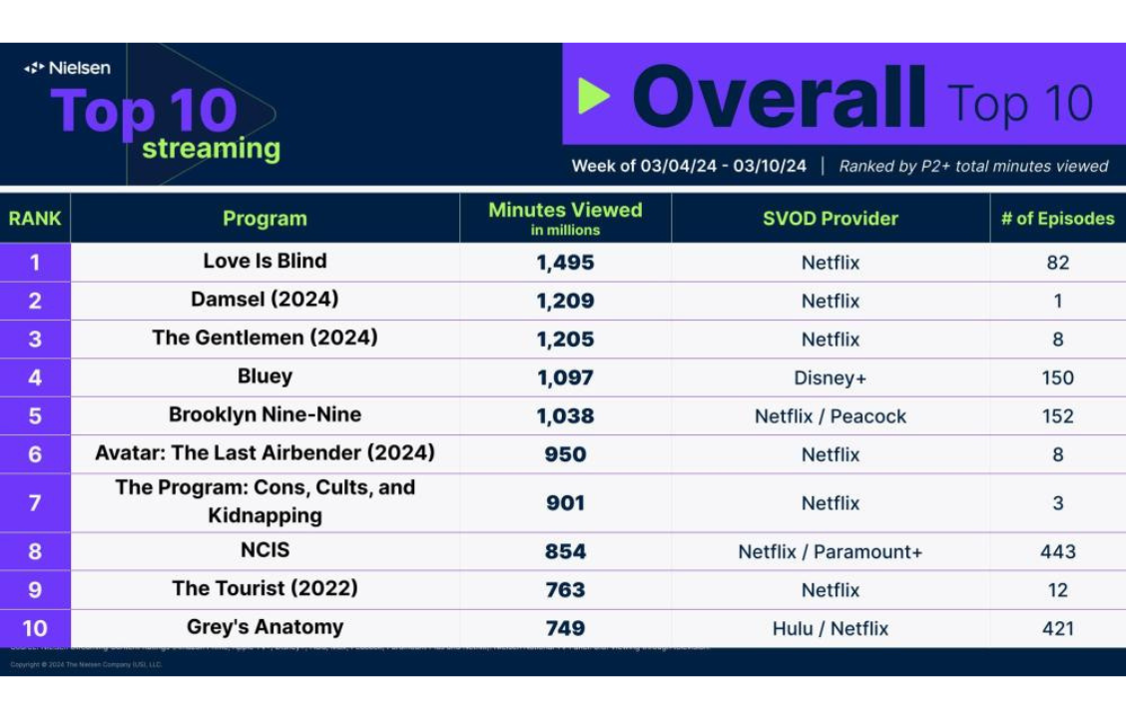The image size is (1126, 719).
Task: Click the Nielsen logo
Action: (x=67, y=68)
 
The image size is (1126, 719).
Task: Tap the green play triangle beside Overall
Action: (x=593, y=96)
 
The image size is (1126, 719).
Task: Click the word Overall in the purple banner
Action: (x=779, y=98)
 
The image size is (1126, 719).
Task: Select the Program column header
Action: (x=265, y=219)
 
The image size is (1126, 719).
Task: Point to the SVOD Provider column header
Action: (x=831, y=219)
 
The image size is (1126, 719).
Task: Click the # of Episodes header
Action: (x=1057, y=219)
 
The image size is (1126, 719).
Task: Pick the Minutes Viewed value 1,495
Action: (x=565, y=263)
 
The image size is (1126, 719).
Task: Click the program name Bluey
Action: (x=265, y=376)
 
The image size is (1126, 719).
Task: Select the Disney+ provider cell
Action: (x=831, y=377)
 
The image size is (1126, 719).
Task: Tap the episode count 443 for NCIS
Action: (x=1057, y=551)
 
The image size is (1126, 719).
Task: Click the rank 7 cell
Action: (x=35, y=502)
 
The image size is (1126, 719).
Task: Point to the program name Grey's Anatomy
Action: (x=265, y=627)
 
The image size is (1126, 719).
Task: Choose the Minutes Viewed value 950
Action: (x=565, y=454)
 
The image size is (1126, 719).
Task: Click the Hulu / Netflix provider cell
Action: (x=831, y=628)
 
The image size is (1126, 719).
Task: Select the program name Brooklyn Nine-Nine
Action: (x=265, y=414)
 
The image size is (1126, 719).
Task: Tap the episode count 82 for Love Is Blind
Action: (x=1057, y=263)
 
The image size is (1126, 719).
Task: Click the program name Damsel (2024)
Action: (x=265, y=299)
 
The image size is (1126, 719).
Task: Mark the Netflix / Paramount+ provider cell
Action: (x=831, y=551)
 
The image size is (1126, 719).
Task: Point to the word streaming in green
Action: (x=211, y=149)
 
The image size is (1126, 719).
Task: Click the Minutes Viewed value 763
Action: (x=565, y=590)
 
